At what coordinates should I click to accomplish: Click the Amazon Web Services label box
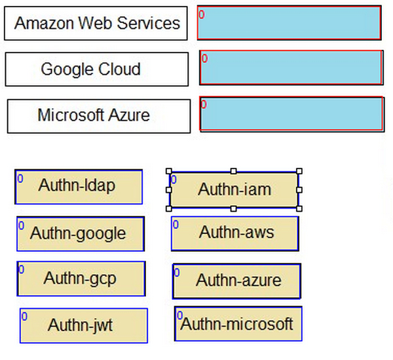pyautogui.click(x=96, y=24)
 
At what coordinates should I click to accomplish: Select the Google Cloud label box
pyautogui.click(x=97, y=70)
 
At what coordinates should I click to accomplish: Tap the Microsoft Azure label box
pyautogui.click(x=99, y=116)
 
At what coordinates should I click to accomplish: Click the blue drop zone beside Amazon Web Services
pyautogui.click(x=290, y=23)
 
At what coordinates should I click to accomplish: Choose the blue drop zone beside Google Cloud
pyautogui.click(x=291, y=68)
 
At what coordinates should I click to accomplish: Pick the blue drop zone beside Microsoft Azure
pyautogui.click(x=292, y=114)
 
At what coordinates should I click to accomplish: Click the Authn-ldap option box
pyautogui.click(x=79, y=187)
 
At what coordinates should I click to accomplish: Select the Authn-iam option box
pyautogui.click(x=234, y=190)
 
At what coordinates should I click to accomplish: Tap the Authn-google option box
pyautogui.click(x=81, y=234)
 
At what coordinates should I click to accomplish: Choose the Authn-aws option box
pyautogui.click(x=235, y=233)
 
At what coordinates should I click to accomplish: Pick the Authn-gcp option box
pyautogui.click(x=81, y=279)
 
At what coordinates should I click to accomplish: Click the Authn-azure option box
pyautogui.click(x=236, y=281)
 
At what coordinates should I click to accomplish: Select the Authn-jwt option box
pyautogui.click(x=84, y=326)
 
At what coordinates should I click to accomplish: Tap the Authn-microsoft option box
pyautogui.click(x=238, y=324)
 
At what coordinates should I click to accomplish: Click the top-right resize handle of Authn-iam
pyautogui.click(x=299, y=171)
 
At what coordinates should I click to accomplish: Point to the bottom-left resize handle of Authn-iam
pyautogui.click(x=169, y=209)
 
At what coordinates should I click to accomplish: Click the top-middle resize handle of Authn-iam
pyautogui.click(x=234, y=171)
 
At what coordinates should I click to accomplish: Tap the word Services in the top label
pyautogui.click(x=149, y=23)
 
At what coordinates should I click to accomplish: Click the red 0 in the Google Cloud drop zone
pyautogui.click(x=205, y=58)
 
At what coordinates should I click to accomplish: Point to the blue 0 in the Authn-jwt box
pyautogui.click(x=24, y=317)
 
